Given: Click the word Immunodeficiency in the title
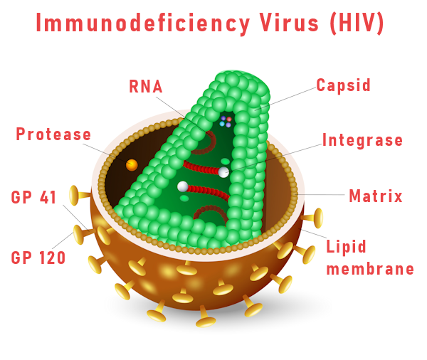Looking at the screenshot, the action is [x=143, y=23].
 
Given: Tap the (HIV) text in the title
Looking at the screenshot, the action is [x=357, y=23].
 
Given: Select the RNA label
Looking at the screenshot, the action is [x=146, y=87].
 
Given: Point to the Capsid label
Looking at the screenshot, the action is [x=344, y=85].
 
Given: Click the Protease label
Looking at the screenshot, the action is [x=53, y=134].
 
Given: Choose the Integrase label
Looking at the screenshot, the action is [x=362, y=140].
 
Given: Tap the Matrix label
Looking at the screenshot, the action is [x=376, y=196].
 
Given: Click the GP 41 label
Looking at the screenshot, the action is [x=33, y=197].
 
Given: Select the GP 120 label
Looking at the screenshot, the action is [x=38, y=258].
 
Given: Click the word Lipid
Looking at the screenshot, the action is [x=346, y=247].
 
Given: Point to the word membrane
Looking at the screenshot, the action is [x=370, y=269].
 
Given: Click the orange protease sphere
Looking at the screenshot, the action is [x=132, y=165].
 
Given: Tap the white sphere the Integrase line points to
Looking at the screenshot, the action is [x=223, y=172].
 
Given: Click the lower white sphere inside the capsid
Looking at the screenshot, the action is [x=182, y=187].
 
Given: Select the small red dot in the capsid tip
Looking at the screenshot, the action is [x=229, y=119].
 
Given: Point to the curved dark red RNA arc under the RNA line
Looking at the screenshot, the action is [x=208, y=144].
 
